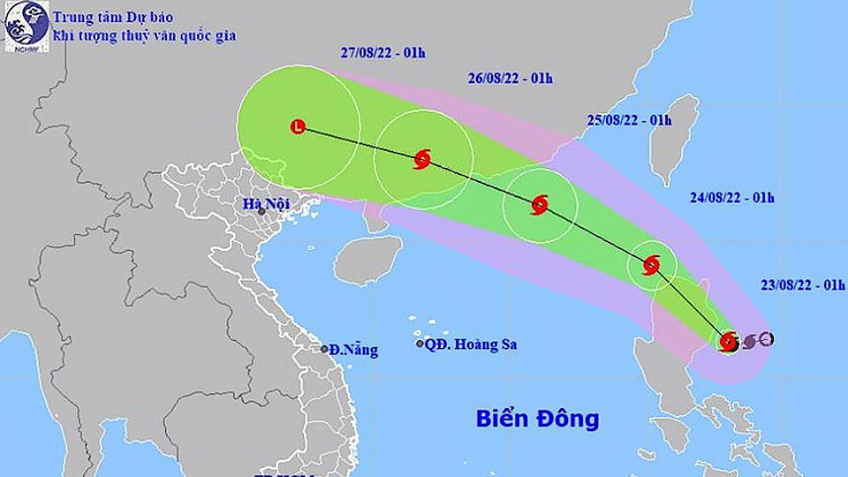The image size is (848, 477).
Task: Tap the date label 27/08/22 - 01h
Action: point(382,51)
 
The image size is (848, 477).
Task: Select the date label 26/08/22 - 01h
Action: point(511,78)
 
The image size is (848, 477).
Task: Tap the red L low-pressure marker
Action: point(299,127)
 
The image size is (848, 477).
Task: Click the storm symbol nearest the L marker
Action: point(422,160)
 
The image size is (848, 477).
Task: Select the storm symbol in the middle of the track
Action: point(540,206)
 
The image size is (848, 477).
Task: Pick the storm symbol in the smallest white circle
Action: point(652,264)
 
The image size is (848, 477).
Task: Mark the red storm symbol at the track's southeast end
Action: point(729,341)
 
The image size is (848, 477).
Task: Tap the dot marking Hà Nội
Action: point(261,212)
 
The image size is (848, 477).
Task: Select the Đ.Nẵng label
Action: point(354,350)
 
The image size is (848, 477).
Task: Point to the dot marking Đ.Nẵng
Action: point(325,349)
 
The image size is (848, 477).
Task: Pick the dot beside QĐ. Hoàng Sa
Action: point(420,344)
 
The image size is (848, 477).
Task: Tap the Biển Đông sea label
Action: point(537,418)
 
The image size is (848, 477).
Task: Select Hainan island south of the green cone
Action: point(367,258)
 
